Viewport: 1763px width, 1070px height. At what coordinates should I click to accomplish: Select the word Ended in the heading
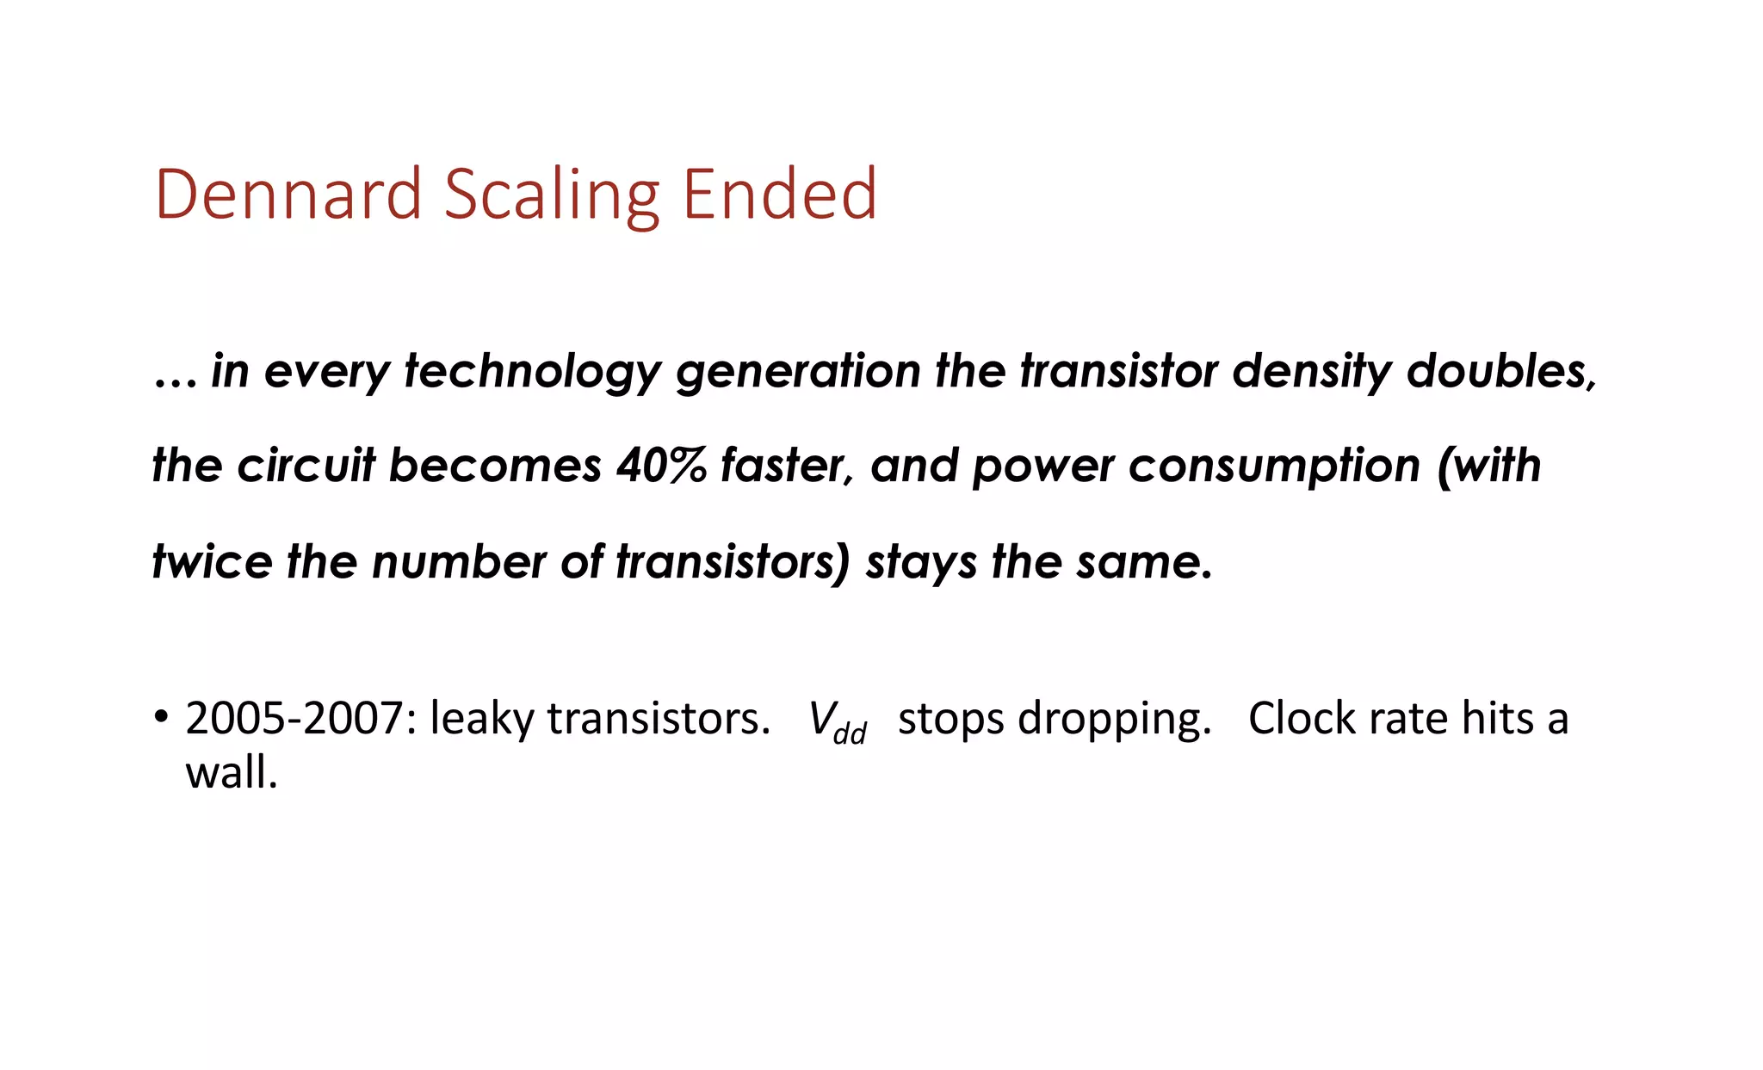(x=779, y=195)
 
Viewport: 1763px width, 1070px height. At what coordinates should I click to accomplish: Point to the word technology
(x=533, y=372)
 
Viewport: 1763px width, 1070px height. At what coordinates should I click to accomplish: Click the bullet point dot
(x=161, y=716)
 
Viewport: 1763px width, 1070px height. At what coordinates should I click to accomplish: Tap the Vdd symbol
(x=836, y=721)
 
